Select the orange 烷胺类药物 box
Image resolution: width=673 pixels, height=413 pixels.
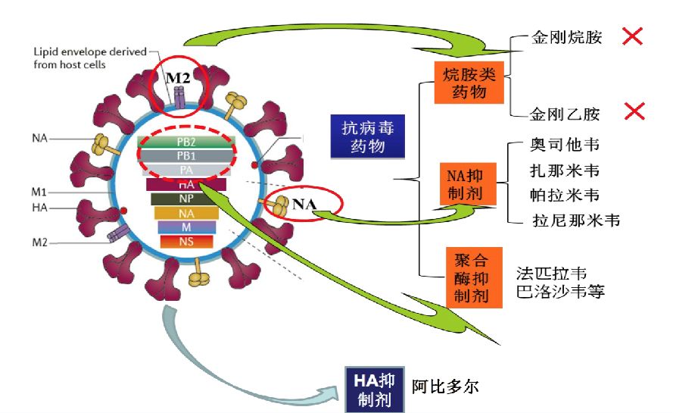tap(469, 83)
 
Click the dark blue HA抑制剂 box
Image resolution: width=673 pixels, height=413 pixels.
tap(375, 387)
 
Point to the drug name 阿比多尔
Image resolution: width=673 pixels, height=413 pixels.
tap(446, 386)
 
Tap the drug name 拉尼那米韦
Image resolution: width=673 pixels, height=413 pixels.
tap(575, 221)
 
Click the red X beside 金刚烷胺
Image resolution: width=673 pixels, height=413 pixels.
tap(633, 36)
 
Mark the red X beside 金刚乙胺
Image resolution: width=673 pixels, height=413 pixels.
tap(634, 112)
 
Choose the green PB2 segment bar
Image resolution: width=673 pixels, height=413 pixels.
tap(186, 141)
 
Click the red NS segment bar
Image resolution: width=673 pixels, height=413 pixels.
tap(186, 242)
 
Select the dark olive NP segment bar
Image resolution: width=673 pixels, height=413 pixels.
tap(186, 199)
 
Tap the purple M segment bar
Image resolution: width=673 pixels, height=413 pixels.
tap(186, 227)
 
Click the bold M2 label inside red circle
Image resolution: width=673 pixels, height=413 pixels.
tap(179, 76)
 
